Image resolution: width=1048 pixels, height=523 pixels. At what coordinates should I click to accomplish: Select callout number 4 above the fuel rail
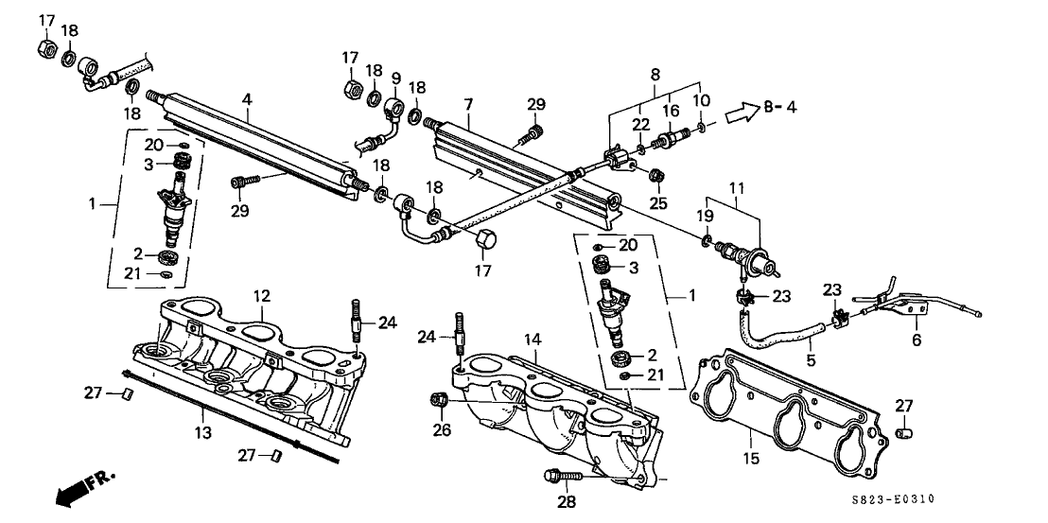tap(247, 100)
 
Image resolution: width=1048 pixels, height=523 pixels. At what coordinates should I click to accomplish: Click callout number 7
tap(468, 105)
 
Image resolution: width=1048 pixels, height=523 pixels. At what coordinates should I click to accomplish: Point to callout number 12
tap(261, 295)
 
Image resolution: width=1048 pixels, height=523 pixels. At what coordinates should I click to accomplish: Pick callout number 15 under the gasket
tap(751, 460)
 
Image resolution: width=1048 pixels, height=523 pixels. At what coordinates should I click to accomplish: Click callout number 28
tap(567, 501)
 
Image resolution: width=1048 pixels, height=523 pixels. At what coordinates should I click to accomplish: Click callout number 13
tap(203, 433)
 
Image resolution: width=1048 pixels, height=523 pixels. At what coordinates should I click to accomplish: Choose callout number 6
tap(917, 340)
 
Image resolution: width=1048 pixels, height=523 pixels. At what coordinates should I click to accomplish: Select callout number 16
tap(670, 111)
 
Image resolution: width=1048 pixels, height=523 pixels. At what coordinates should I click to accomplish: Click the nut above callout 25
tap(656, 175)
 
